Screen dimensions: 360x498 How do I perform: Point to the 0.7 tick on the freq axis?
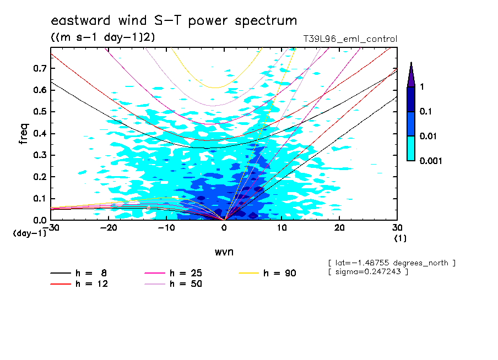click(x=40, y=68)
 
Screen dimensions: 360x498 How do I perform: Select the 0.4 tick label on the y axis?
click(x=40, y=134)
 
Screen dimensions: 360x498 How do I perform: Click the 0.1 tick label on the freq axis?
click(x=40, y=199)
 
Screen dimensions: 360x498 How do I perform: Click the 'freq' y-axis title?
click(x=24, y=134)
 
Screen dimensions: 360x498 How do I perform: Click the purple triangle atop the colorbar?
click(x=411, y=75)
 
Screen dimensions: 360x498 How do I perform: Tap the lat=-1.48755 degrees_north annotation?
click(x=391, y=263)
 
